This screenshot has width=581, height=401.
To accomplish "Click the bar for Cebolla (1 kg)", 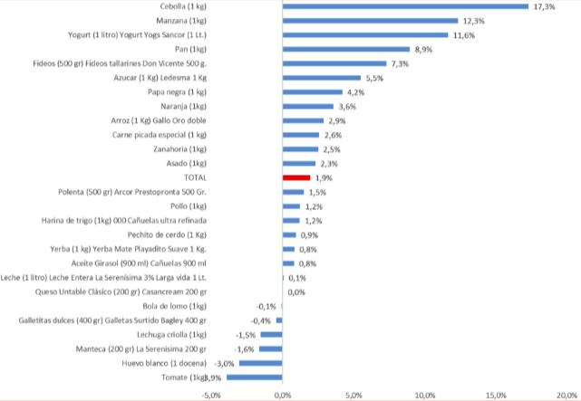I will (x=405, y=6).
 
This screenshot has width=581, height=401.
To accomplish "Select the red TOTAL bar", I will (x=296, y=177).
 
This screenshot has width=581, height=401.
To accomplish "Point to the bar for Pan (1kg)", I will (x=346, y=49).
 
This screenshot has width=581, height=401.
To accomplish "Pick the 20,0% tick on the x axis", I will (x=566, y=395).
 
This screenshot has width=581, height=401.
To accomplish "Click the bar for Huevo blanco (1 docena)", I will (x=261, y=363).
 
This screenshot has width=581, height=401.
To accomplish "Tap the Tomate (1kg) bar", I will (x=255, y=377).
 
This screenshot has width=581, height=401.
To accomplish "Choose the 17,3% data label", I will (x=545, y=6).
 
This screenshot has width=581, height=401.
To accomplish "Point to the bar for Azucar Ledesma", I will (x=322, y=78).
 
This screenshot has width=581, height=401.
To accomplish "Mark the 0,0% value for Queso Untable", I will (x=295, y=291).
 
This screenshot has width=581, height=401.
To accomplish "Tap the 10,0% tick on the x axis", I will (x=424, y=395).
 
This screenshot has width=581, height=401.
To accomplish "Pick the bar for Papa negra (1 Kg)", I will (x=313, y=91).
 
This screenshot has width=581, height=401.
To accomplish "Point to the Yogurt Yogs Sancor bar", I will (x=365, y=35).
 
